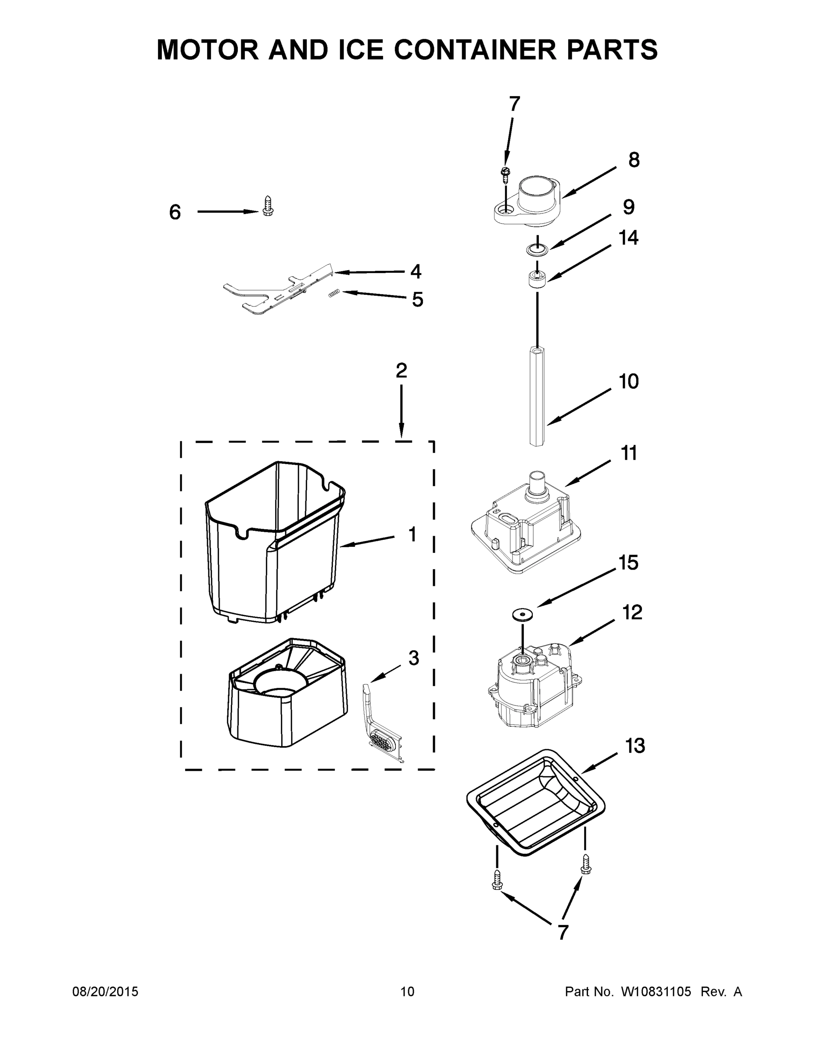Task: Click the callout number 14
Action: tap(628, 238)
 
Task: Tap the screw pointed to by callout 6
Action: tap(268, 206)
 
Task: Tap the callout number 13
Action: tap(635, 746)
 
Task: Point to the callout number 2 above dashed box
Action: tap(401, 371)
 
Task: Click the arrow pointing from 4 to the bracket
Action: tap(369, 272)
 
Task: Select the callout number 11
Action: tap(628, 453)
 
